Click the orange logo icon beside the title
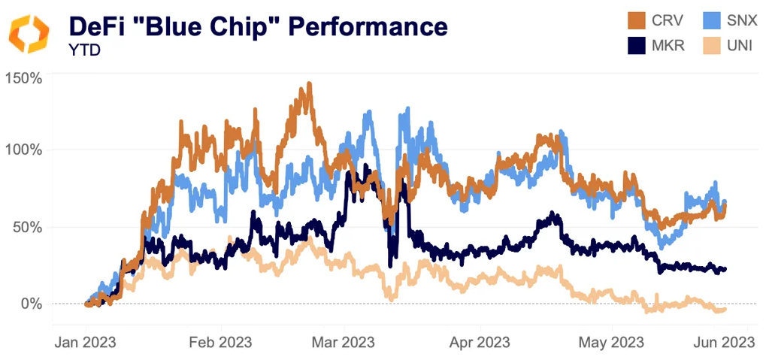tap(29, 34)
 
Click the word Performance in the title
tap(373, 26)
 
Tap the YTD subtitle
tap(80, 50)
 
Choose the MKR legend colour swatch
tap(638, 46)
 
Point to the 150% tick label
tap(25, 77)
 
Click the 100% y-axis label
tap(25, 150)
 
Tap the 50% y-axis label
tap(28, 227)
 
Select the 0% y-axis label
tap(31, 304)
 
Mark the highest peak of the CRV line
tap(308, 85)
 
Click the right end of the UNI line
tap(725, 309)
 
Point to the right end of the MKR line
tap(725, 268)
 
